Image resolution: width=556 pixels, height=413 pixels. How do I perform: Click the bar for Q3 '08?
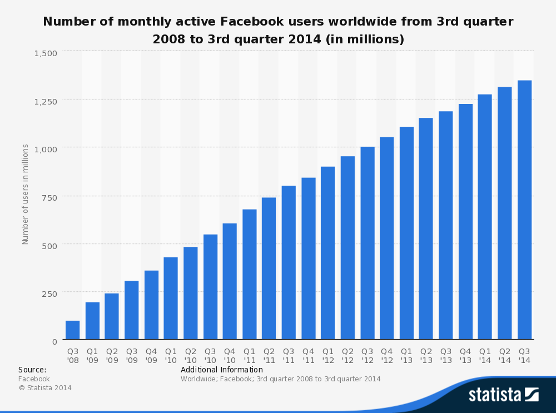72,330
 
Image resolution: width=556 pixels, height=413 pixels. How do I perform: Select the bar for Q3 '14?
524,210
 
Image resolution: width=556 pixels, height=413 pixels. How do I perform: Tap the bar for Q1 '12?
328,253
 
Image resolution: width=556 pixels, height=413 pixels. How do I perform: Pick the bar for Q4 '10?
230,281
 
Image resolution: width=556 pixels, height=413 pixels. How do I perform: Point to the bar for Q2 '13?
426,228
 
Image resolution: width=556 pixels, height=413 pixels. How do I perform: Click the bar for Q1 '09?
92,321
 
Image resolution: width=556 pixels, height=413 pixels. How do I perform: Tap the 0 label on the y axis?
54,341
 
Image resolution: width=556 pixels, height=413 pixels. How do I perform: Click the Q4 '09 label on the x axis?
151,355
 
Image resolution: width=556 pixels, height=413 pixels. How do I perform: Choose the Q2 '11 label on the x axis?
269,355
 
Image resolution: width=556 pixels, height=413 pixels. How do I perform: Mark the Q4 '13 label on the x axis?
465,355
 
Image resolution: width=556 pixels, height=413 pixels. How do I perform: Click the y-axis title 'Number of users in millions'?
26,194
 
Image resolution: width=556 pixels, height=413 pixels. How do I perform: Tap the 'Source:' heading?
32,370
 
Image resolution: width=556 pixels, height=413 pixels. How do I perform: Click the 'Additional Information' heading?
222,370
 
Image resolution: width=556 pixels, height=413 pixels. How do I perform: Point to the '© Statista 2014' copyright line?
45,388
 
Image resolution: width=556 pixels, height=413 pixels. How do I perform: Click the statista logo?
503,395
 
